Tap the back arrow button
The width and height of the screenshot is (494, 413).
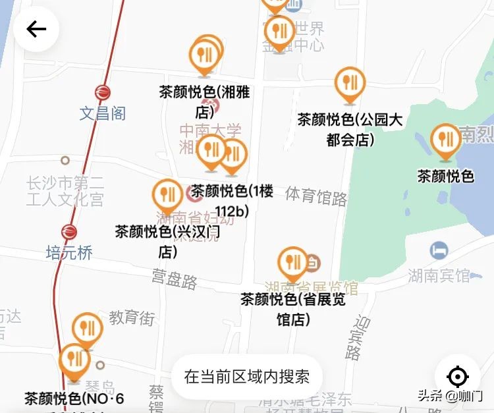tap(36, 29)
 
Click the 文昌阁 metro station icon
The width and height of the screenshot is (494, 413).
tap(103, 93)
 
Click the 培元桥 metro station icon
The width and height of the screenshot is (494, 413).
tap(69, 232)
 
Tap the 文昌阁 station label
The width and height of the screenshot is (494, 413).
tap(103, 113)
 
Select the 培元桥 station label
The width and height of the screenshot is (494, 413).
tap(69, 252)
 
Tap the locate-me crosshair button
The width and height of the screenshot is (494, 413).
tap(457, 377)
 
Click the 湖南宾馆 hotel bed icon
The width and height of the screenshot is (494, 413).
tap(439, 250)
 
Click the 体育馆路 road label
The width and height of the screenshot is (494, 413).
tap(316, 196)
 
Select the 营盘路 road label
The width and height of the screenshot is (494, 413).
tap(175, 279)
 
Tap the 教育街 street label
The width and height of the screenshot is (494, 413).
tap(132, 317)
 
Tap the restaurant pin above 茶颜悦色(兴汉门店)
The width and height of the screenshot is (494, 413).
tap(168, 195)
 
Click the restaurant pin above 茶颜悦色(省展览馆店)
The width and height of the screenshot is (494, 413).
tap(292, 263)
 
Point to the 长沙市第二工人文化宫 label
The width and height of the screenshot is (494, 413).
tap(65, 190)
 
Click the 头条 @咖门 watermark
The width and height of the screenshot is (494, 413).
tap(451, 395)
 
